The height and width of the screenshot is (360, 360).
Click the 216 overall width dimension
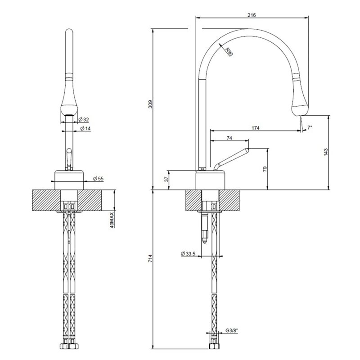[252, 15]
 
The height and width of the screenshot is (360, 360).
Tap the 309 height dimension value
[151, 104]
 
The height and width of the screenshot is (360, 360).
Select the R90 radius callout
[229, 51]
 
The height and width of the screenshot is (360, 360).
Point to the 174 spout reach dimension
[256, 128]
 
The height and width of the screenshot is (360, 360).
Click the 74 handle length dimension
[229, 138]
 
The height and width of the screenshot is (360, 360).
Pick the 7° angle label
[310, 127]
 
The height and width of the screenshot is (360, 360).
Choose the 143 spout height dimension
[326, 153]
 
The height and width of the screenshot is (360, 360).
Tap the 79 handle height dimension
[265, 169]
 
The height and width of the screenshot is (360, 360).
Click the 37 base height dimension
[167, 179]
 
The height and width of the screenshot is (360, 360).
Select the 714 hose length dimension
[150, 258]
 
